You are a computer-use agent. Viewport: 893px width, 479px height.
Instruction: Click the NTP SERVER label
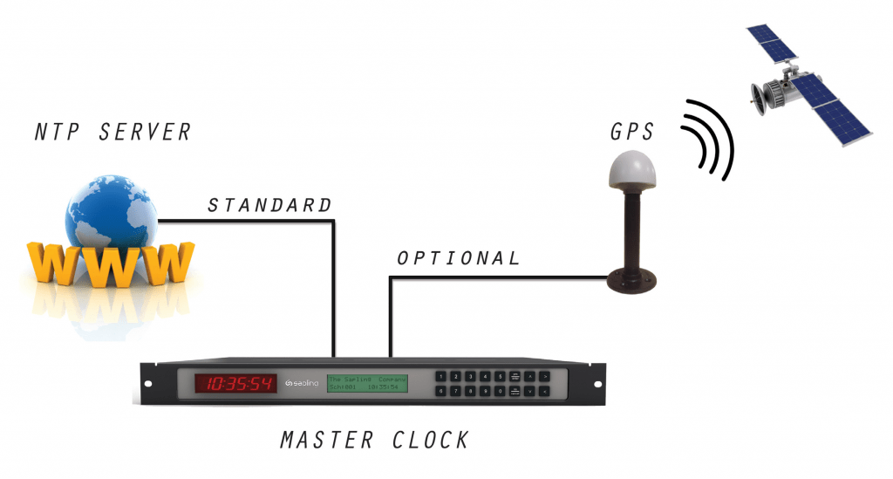tap(112, 132)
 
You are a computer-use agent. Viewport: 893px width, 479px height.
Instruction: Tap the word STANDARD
tap(269, 206)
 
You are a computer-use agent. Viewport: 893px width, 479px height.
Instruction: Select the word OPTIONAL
tap(458, 258)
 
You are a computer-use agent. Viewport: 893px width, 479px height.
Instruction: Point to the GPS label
tap(631, 133)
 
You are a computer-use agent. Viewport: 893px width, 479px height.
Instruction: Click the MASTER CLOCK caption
tap(374, 440)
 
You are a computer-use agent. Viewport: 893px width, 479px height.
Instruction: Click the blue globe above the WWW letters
tap(112, 209)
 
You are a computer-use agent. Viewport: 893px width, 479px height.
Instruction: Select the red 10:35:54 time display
tap(235, 383)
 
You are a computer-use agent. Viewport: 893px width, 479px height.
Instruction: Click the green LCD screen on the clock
tap(367, 383)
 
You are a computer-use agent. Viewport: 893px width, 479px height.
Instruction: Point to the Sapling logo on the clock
tap(302, 384)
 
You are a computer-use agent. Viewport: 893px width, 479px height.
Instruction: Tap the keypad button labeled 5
tap(500, 376)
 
